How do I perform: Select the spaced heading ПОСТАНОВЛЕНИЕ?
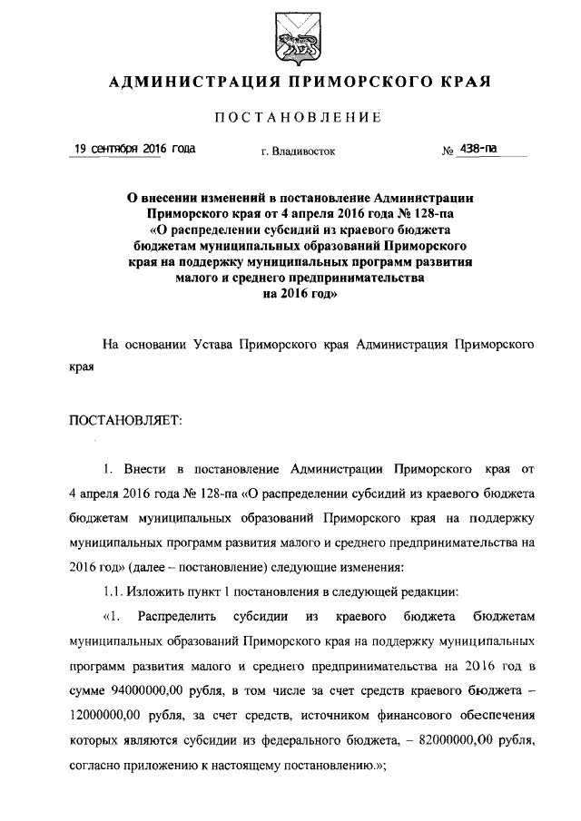[297, 119]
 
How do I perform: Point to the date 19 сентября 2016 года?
[133, 148]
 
